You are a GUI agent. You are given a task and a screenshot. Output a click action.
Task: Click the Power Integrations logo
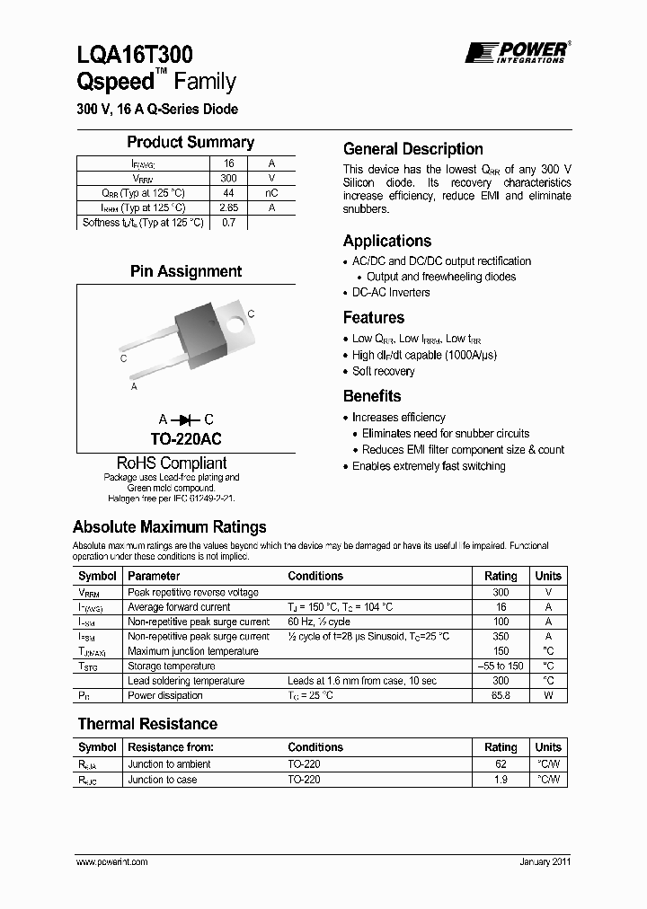pos(515,52)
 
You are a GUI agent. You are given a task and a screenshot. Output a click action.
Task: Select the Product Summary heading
pos(190,142)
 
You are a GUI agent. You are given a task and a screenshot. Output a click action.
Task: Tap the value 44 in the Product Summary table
pos(228,193)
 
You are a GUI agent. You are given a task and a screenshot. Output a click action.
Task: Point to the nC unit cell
pos(271,193)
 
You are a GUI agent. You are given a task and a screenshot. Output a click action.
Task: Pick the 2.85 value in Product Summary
pos(228,207)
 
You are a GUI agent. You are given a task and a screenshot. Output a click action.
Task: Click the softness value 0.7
pos(228,223)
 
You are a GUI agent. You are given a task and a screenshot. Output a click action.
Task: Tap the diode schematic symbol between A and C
pos(186,419)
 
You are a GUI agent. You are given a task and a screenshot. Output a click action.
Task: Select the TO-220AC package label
pos(186,439)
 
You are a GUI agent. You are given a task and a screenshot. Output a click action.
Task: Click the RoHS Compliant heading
pos(172,463)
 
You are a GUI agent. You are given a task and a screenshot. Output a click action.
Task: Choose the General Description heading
pos(413,149)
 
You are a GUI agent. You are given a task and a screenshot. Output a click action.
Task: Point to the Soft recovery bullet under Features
pos(383,371)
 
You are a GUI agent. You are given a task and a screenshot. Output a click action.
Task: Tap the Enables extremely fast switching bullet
pos(429,466)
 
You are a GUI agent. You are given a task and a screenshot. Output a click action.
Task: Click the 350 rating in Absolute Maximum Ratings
pos(501,636)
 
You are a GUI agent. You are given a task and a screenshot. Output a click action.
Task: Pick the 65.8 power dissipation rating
pos(501,695)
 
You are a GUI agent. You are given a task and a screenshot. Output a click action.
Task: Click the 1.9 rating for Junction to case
pos(501,780)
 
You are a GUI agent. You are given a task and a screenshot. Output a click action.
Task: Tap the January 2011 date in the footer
pos(545,861)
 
